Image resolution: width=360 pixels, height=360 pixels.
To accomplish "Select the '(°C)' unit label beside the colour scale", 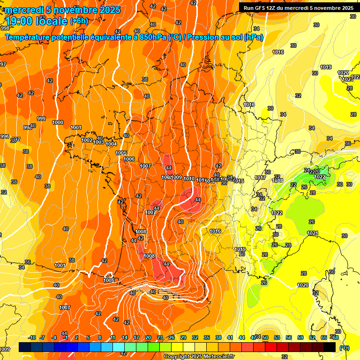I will coord(345,348).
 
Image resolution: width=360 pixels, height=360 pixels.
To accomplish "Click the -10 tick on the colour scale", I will coord(32,337).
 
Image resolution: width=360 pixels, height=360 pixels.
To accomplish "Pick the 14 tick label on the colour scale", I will coord(125,337).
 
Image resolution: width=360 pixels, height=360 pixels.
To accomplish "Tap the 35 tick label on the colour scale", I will coord(207,337).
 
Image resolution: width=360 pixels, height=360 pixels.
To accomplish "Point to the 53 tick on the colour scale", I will coord(277,337).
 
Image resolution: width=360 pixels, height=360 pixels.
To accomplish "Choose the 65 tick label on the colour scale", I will coord(324,337).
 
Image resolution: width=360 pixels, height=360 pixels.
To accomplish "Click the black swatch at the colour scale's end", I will coord(330,347).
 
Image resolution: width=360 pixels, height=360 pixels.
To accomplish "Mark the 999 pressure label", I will coord(41,119).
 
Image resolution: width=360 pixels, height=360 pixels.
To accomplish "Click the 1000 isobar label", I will coord(58,122).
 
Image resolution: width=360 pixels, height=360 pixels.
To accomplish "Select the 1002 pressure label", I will coord(87,140).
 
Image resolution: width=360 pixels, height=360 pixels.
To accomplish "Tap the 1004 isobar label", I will coord(111,144).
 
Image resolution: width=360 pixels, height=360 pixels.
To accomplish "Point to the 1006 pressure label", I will coord(129,159).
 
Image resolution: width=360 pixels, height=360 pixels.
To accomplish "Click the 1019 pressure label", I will coord(326,67).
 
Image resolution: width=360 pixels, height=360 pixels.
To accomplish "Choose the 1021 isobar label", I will coord(313,233).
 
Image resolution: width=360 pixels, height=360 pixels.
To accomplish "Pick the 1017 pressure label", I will coord(260,178).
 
